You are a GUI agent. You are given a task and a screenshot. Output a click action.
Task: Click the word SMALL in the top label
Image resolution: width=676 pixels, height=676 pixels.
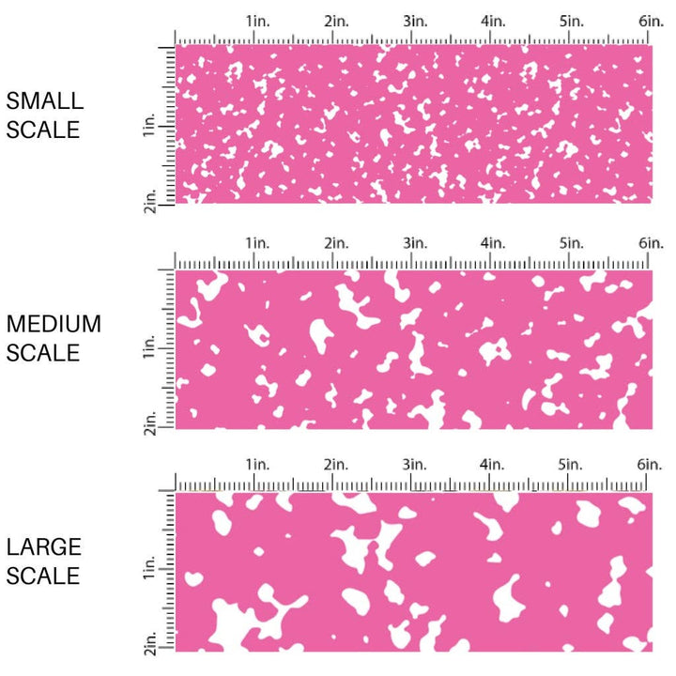[x=44, y=101]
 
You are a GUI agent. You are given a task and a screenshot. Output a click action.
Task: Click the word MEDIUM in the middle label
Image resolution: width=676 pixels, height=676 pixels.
[x=54, y=324]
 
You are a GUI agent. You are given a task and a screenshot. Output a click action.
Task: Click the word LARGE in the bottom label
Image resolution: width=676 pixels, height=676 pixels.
[x=43, y=546]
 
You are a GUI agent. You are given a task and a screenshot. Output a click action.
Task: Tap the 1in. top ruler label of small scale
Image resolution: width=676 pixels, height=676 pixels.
[x=258, y=20]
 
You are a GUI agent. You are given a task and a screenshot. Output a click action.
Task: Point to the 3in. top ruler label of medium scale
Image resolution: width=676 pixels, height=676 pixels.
[x=415, y=242]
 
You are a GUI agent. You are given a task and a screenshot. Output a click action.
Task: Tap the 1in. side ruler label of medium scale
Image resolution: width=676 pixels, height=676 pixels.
[x=150, y=349]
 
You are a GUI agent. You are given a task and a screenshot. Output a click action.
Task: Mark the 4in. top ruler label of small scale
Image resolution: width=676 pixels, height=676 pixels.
[x=494, y=20]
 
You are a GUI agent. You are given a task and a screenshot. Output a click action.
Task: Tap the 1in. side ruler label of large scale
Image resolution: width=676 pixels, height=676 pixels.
[x=150, y=571]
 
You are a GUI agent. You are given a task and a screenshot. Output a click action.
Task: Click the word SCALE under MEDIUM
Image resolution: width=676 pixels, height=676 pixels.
[x=43, y=354]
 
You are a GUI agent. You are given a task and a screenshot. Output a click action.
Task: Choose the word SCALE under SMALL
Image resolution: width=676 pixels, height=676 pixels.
[x=43, y=131]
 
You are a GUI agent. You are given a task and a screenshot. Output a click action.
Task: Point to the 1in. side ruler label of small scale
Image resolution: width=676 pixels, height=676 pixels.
[x=150, y=127]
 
